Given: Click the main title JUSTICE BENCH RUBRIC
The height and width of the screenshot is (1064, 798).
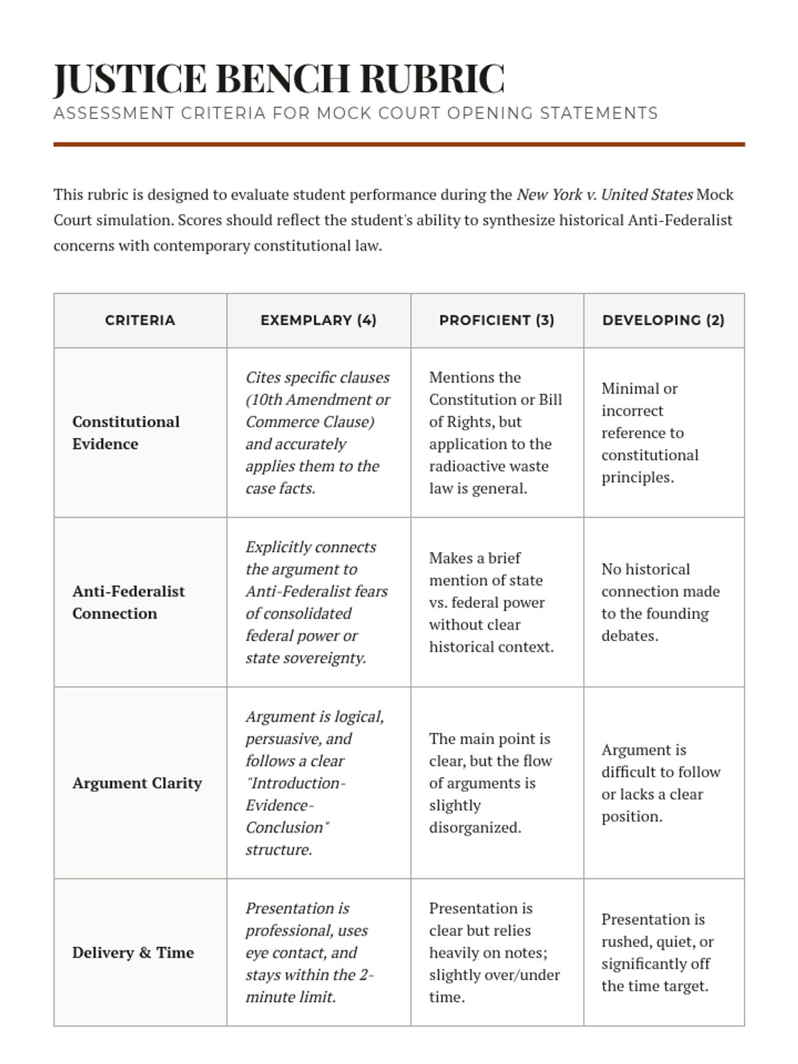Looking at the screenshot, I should [279, 78].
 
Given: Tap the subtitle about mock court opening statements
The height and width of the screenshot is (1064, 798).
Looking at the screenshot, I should [356, 114].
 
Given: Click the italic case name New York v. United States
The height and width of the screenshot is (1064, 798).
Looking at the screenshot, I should [604, 195].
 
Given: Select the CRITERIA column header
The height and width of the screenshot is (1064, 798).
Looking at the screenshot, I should [140, 321].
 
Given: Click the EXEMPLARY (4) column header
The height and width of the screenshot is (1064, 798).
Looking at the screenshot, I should [319, 321].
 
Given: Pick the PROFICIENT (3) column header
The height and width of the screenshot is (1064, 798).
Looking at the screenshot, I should [497, 321].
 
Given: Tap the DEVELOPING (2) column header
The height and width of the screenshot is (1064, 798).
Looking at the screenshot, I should [664, 321].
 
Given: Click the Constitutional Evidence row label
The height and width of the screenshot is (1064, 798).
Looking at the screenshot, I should [126, 433].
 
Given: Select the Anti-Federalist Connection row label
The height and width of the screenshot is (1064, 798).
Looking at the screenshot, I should [128, 602].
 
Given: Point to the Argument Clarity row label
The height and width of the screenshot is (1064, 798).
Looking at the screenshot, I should [137, 783].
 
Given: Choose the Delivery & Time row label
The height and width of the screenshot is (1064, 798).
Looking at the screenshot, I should [133, 953].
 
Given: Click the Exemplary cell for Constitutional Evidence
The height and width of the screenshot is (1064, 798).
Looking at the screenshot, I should [318, 433].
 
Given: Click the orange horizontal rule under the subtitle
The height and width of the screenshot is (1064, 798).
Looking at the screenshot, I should [399, 144].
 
